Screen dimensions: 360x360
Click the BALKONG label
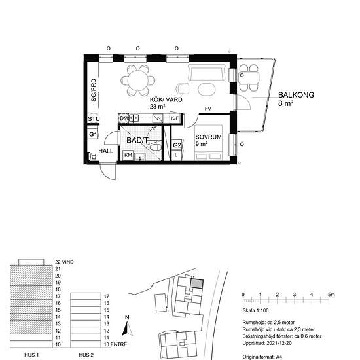[x=296, y=95]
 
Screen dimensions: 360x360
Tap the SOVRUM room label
[x=208, y=137]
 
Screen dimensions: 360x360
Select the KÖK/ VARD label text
[x=166, y=99]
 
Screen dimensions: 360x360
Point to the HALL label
[x=106, y=151]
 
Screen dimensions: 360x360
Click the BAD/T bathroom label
[x=137, y=140]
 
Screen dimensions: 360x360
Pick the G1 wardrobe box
[x=93, y=134]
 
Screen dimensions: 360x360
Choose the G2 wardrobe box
[x=177, y=145]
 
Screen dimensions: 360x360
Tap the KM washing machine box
[x=128, y=155]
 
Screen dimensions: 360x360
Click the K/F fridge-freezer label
[x=175, y=118]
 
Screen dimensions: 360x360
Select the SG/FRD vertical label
[x=94, y=90]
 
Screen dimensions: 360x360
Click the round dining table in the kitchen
[x=137, y=81]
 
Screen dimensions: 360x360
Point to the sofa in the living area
[x=207, y=72]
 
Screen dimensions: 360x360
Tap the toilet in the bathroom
[x=155, y=147]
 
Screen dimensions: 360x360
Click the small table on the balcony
[x=249, y=78]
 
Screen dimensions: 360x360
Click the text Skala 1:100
[x=255, y=310]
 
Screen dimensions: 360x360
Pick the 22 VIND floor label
[x=64, y=262]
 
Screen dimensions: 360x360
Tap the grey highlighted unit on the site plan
[x=197, y=283]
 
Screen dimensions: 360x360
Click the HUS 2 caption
[x=86, y=355]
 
